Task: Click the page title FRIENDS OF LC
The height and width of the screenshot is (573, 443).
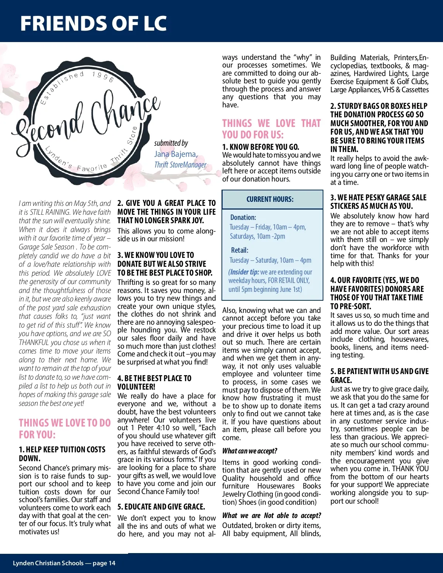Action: (x=93, y=23)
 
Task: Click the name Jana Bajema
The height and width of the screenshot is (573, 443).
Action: (x=176, y=154)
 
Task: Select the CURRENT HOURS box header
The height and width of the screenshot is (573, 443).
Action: (x=270, y=199)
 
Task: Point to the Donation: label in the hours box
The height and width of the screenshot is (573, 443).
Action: (x=243, y=217)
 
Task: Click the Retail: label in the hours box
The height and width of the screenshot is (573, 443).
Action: (x=240, y=250)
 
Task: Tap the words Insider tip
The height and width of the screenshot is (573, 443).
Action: (x=244, y=272)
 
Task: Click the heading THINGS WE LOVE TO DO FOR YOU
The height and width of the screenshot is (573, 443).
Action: (x=65, y=428)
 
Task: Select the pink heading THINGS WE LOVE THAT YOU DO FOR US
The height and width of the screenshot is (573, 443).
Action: (x=271, y=129)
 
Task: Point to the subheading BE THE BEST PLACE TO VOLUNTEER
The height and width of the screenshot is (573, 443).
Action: (x=154, y=382)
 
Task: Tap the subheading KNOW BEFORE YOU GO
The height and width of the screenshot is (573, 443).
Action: (x=261, y=147)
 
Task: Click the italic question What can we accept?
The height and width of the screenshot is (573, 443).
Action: (x=250, y=451)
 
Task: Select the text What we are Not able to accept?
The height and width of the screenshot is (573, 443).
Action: (x=271, y=515)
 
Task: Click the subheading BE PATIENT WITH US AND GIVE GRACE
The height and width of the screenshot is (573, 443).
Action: (x=379, y=376)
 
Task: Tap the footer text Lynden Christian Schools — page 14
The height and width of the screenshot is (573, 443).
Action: (x=64, y=563)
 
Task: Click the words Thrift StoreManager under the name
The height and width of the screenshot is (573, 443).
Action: (x=180, y=165)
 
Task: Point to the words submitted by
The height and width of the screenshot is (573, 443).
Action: (x=171, y=143)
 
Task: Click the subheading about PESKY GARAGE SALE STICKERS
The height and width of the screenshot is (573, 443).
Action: (x=378, y=202)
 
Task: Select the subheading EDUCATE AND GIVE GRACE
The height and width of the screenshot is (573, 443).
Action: (x=161, y=507)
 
